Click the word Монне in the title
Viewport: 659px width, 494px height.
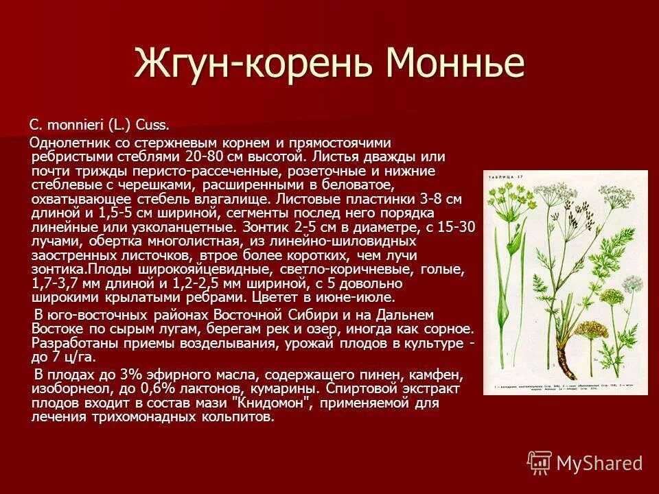(x=456, y=63)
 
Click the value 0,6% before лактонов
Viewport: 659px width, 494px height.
(x=137, y=389)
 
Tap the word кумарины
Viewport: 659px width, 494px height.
(x=284, y=389)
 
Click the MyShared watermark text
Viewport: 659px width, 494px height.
(x=599, y=463)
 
